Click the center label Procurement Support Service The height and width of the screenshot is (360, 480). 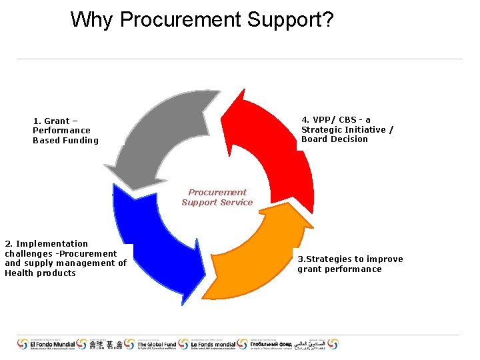pyautogui.click(x=217, y=197)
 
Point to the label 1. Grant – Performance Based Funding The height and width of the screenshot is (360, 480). pyautogui.click(x=65, y=131)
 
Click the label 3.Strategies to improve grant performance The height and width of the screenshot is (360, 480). pyautogui.click(x=350, y=264)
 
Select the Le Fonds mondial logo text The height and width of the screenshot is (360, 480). pyautogui.click(x=213, y=344)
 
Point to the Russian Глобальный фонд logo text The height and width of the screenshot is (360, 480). pyautogui.click(x=270, y=344)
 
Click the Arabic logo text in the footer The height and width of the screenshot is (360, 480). pyautogui.click(x=314, y=344)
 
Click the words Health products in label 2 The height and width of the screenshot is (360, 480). pyautogui.click(x=41, y=273)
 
